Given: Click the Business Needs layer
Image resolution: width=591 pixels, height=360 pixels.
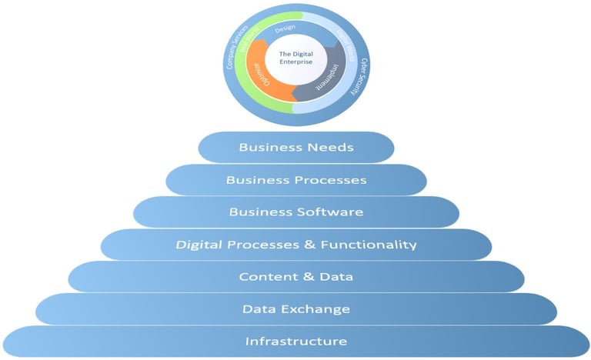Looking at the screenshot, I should (295, 148).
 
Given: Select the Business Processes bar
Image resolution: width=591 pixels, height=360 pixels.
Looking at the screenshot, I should (295, 180).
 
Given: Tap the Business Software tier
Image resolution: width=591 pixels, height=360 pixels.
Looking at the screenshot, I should (295, 212).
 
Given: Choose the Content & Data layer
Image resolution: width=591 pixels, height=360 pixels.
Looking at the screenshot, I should (295, 277).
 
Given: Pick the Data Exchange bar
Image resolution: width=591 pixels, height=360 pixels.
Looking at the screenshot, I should (295, 309).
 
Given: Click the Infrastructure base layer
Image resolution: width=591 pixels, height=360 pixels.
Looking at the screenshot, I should (295, 341).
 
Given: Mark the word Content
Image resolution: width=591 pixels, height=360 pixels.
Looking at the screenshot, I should (265, 277).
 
